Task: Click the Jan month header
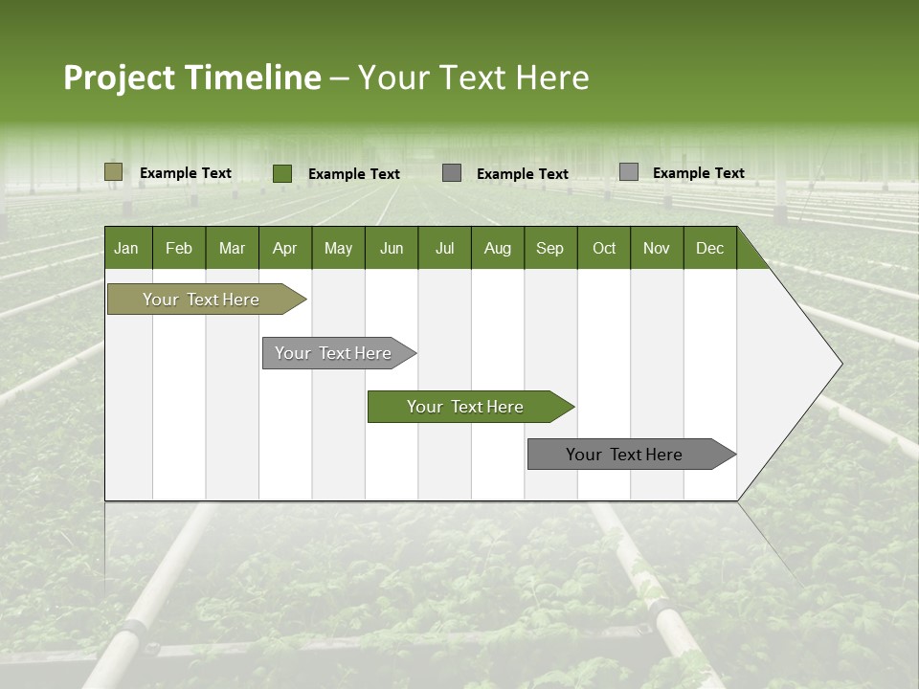[x=127, y=248]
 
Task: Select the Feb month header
[x=179, y=248]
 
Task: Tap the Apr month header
[x=284, y=248]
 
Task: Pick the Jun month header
[x=392, y=248]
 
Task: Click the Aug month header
[x=497, y=248]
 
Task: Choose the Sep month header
[x=549, y=248]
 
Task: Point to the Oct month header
[x=604, y=248]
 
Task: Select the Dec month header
[x=709, y=248]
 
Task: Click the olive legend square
[x=114, y=172]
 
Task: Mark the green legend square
[x=282, y=173]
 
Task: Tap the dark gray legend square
[x=452, y=173]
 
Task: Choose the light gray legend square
[x=629, y=172]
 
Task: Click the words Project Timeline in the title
[x=192, y=78]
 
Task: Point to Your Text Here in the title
[x=473, y=78]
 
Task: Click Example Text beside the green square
[x=354, y=174]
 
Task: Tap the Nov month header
[x=657, y=248]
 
